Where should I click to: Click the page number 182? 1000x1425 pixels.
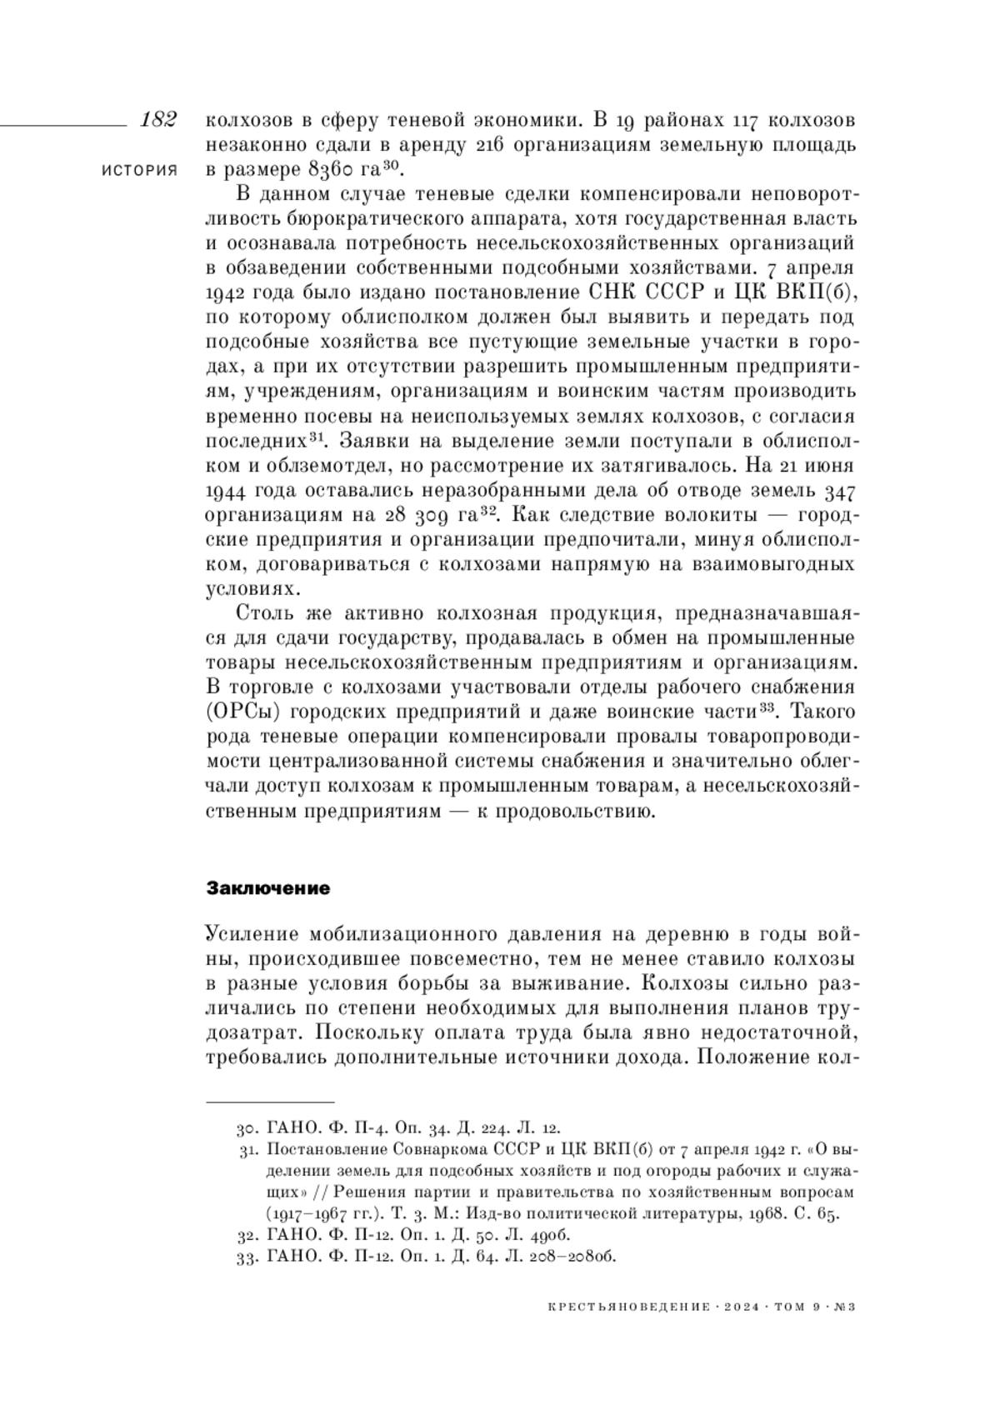(x=158, y=119)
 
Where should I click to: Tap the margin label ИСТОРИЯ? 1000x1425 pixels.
(x=139, y=170)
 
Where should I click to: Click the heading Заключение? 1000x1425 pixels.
(x=267, y=888)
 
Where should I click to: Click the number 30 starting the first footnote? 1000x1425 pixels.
(x=244, y=1129)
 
